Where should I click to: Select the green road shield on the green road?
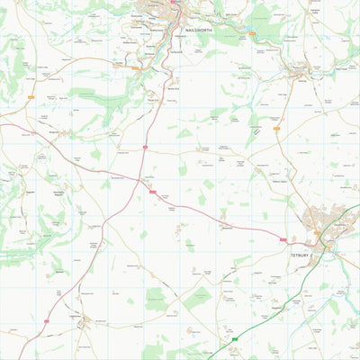click(x=236, y=338)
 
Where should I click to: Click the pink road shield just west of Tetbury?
click(x=283, y=239)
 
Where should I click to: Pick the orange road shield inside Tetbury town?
click(x=317, y=234)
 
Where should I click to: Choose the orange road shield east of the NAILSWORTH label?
click(x=252, y=34)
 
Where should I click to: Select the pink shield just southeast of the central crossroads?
click(x=153, y=192)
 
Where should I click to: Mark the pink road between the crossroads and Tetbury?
click(x=216, y=214)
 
